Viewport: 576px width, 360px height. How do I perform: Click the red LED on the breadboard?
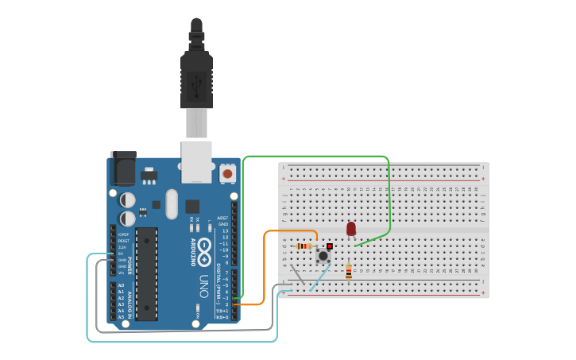(351, 229)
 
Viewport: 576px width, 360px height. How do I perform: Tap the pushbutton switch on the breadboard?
(323, 255)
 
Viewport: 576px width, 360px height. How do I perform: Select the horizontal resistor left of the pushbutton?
(304, 246)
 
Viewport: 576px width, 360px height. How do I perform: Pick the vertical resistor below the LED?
(348, 272)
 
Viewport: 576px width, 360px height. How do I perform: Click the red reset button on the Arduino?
(228, 172)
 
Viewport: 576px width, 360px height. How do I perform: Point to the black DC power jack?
(123, 168)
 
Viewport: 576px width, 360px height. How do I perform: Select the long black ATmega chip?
(146, 274)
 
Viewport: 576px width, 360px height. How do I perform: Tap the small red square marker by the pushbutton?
(330, 246)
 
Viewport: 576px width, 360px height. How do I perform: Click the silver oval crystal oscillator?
(172, 204)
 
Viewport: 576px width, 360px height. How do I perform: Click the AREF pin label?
(222, 218)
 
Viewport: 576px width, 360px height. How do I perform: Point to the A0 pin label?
(121, 285)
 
